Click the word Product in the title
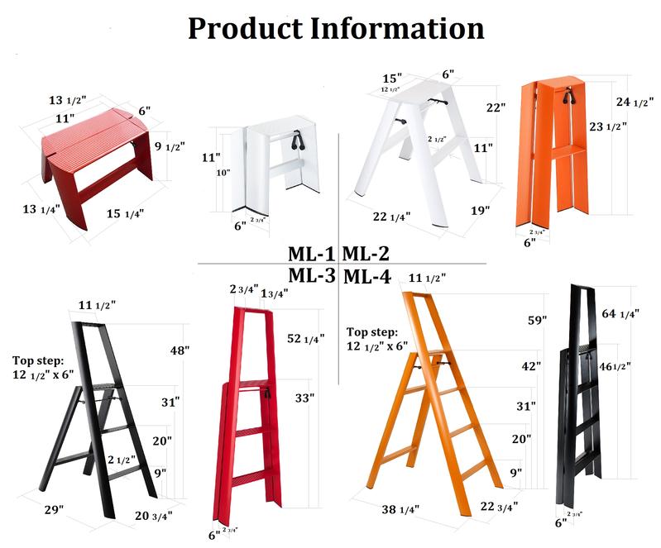coord(246,29)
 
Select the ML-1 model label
coord(311,254)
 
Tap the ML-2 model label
coord(366,254)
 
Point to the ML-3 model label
coord(312,276)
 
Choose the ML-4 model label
coord(367,277)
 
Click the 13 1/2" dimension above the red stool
coord(68,100)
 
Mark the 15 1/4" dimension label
coord(125,213)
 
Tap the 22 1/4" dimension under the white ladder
coord(391,217)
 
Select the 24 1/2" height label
coord(635,102)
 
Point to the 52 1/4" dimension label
coord(305,338)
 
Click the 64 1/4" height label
coord(620,314)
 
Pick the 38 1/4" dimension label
coord(400,510)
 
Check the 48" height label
coord(180,350)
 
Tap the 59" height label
coord(538,320)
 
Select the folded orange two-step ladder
coord(553,151)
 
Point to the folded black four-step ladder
coord(580,396)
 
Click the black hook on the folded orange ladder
coord(568,96)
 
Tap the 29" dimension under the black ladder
coord(55,510)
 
